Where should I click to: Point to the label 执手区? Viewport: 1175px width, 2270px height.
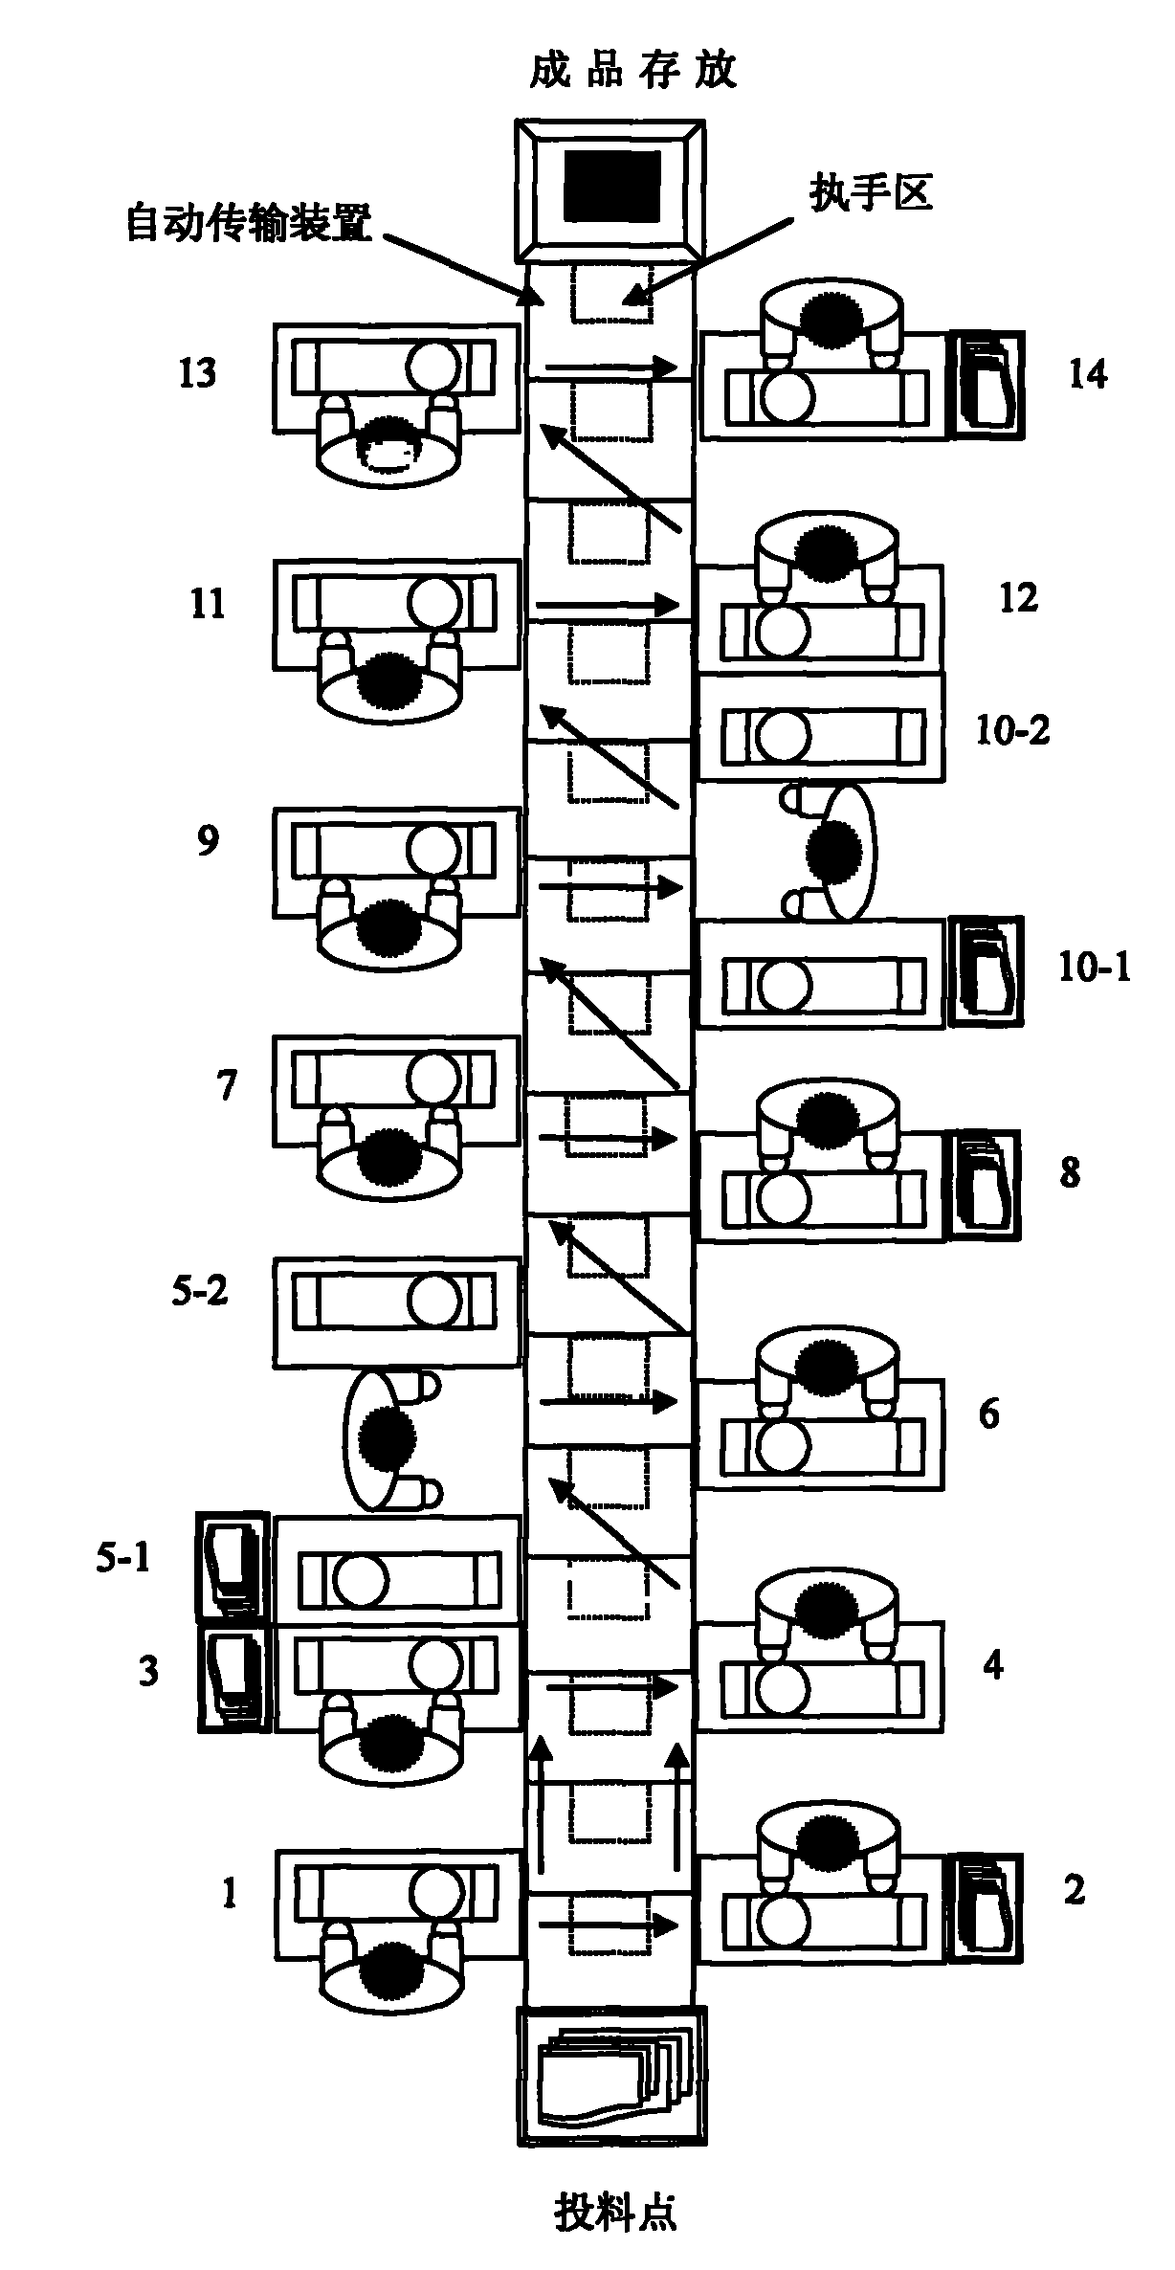(871, 193)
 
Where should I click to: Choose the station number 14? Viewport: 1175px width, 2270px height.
(1088, 373)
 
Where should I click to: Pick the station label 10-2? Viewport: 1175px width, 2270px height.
(1012, 731)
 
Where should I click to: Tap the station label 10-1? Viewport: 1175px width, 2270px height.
(1095, 968)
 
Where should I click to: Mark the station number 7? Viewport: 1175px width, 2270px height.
(227, 1085)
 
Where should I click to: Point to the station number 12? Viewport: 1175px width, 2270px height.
(1018, 598)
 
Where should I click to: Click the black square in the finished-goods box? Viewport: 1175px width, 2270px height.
(612, 186)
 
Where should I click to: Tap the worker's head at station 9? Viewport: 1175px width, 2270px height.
(388, 928)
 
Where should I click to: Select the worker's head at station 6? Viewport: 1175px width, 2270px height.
(829, 1366)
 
